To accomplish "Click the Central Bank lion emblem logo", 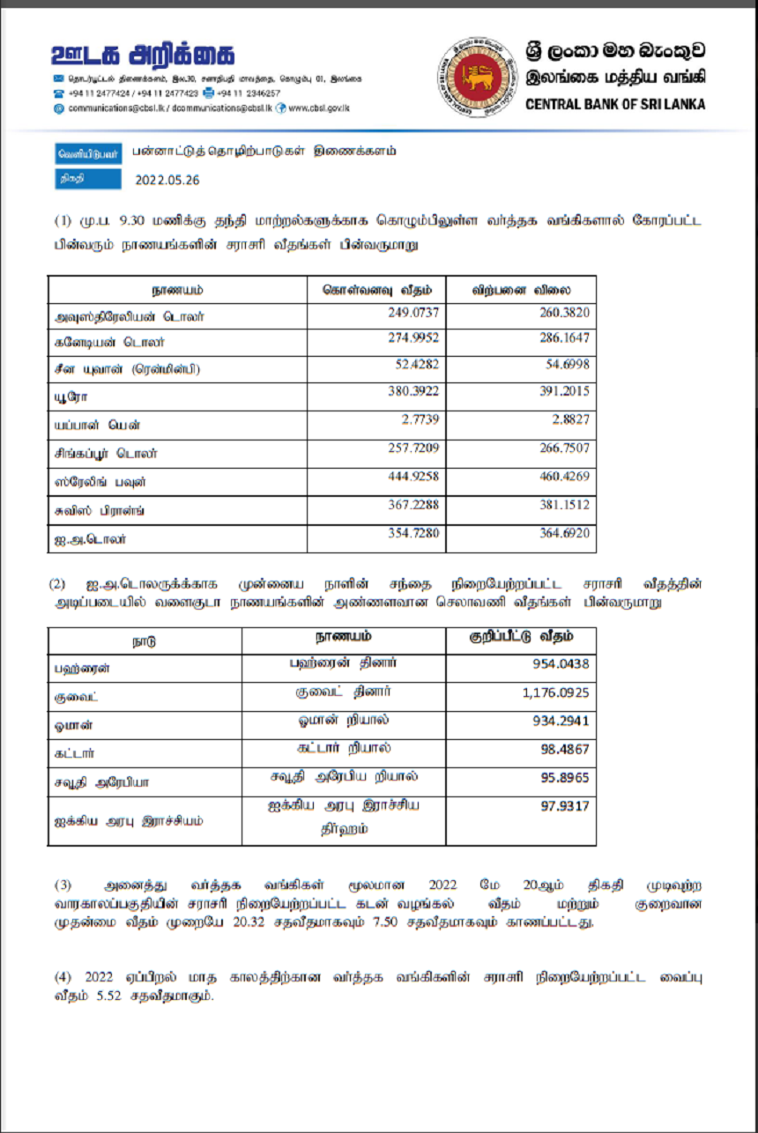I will coord(479,77).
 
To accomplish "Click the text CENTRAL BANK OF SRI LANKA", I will coord(615,104).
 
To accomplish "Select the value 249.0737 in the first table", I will coord(412,312).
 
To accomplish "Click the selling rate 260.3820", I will coord(564,312).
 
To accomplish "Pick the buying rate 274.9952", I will coord(412,337).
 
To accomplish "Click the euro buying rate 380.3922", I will coord(412,390).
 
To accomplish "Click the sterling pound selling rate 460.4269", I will coord(564,477).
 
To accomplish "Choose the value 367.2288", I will coord(412,505).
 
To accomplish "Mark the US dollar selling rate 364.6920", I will coord(564,533).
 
